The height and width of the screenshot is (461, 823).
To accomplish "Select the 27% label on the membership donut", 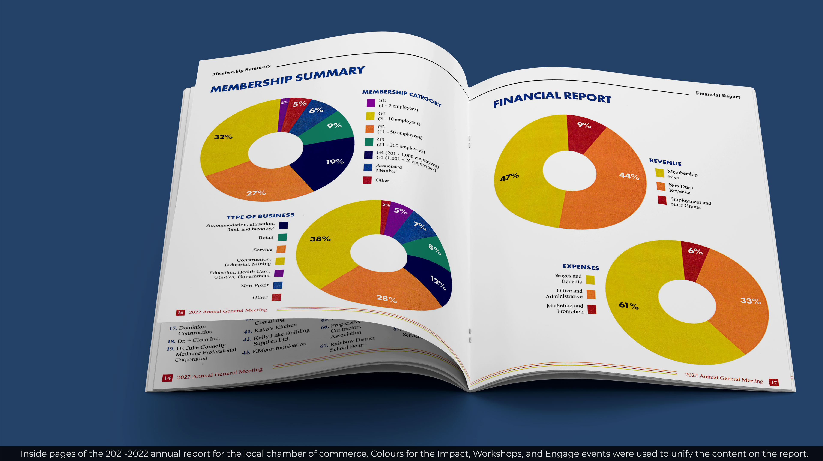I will tap(256, 193).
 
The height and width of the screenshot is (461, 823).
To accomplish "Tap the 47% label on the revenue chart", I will tap(509, 177).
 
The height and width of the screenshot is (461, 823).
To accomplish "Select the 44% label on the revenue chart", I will tap(629, 176).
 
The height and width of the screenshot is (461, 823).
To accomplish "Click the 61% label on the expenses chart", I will tap(628, 305).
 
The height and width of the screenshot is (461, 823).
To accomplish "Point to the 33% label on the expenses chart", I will tap(751, 301).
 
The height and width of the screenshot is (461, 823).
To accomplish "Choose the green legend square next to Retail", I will tap(282, 237).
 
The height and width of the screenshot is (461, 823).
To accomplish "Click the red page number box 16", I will tap(180, 313).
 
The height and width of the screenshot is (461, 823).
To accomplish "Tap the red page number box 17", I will tap(774, 382).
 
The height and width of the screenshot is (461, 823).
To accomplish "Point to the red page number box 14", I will tap(167, 378).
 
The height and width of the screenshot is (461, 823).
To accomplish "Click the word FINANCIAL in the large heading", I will tap(527, 99).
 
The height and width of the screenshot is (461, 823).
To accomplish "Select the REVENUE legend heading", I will tap(665, 162).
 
